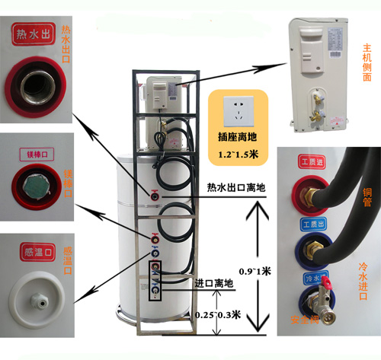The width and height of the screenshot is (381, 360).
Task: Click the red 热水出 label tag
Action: [x=36, y=35]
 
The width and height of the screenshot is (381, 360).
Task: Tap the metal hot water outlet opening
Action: [x=36, y=91]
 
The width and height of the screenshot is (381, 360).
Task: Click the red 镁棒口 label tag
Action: [x=33, y=152]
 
